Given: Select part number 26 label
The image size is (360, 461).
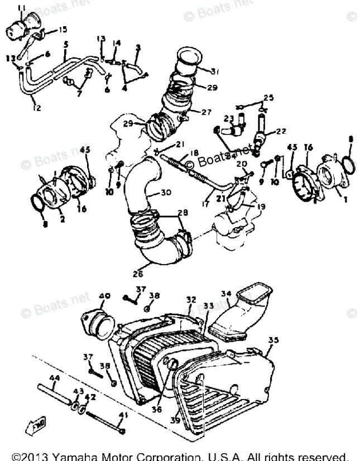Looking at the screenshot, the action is click(138, 273).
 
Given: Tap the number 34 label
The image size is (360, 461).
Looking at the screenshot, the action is click(225, 293).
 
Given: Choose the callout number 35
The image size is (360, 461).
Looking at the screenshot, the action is click(273, 339).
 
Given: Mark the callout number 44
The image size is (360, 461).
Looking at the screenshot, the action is click(54, 378).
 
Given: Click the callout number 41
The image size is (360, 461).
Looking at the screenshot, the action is click(123, 415).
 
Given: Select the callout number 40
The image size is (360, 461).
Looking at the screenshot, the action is click(103, 296).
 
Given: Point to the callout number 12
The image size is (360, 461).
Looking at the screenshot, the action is click(35, 107).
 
